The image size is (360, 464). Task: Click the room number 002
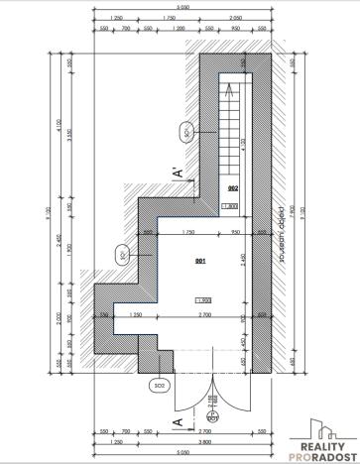pyautogui.click(x=232, y=187)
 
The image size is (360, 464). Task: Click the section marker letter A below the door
pyautogui.click(x=178, y=423)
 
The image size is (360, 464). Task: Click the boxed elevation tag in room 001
pyautogui.click(x=203, y=300)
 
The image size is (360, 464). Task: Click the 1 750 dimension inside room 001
pyautogui.click(x=187, y=232)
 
